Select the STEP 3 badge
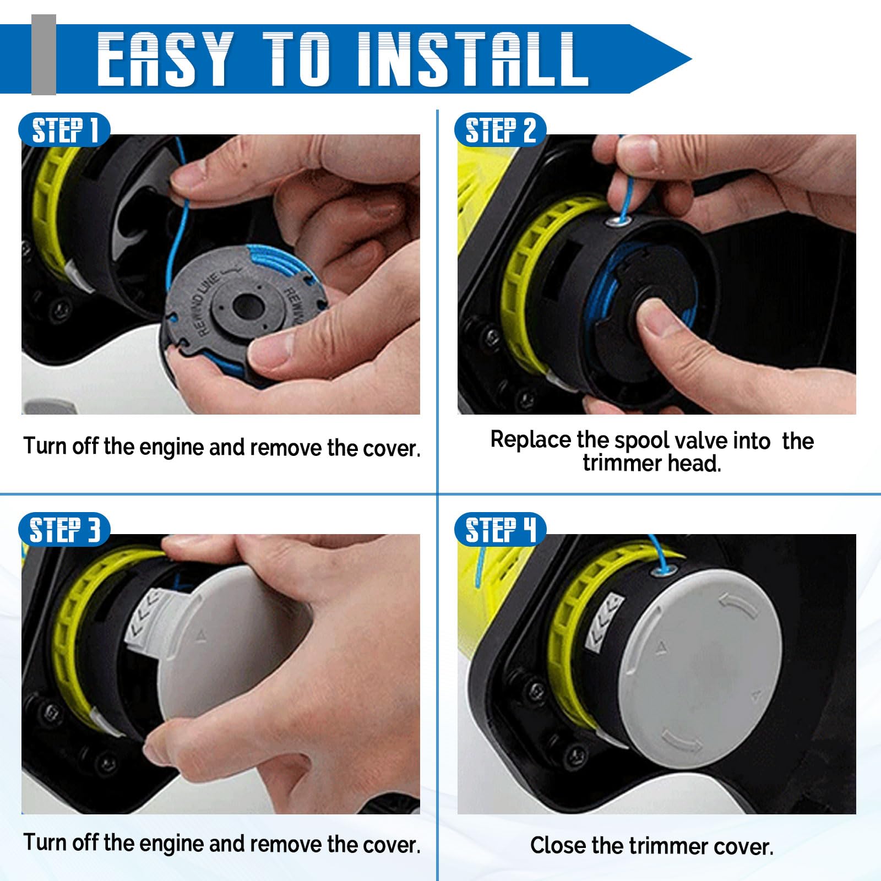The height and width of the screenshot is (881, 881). click(64, 530)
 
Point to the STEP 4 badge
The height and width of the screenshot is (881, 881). click(500, 530)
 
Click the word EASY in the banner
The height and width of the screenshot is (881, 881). click(165, 59)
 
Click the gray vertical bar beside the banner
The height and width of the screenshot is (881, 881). click(43, 55)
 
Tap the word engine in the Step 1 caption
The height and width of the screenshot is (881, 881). click(172, 447)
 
